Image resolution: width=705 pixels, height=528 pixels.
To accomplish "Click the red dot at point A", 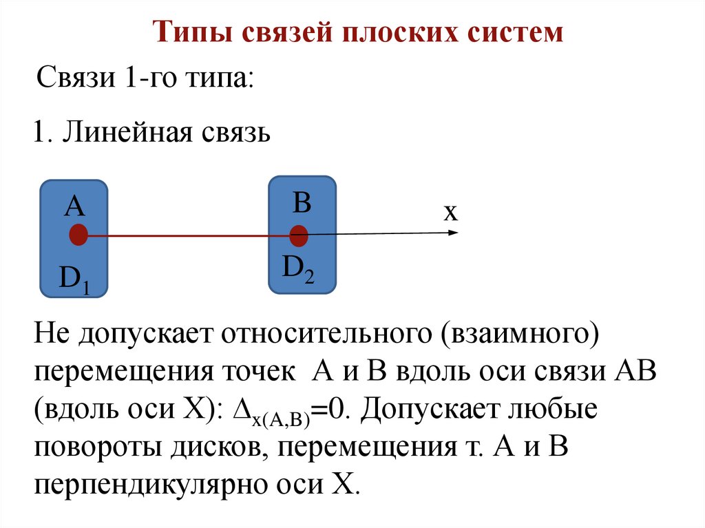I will [x=78, y=235].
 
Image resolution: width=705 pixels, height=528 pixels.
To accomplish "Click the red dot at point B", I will [x=299, y=235].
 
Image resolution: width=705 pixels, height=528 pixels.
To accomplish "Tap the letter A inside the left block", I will [x=74, y=205].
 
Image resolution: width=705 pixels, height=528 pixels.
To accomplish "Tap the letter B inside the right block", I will [x=302, y=203].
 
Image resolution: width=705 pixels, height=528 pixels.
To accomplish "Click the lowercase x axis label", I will [x=450, y=212].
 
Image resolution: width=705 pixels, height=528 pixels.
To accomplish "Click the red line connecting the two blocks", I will [x=186, y=235].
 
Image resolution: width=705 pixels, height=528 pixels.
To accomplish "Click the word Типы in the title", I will [x=186, y=32].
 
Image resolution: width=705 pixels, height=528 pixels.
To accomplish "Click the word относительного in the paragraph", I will [x=322, y=336].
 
